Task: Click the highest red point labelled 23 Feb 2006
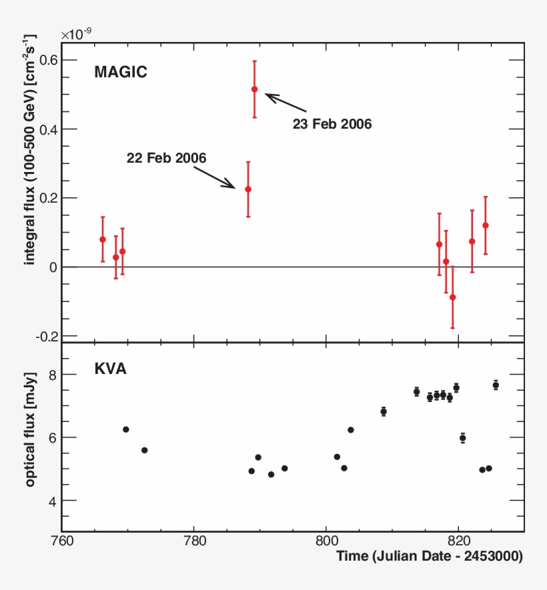point(254,89)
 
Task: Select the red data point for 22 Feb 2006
point(248,189)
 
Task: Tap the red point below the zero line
point(452,297)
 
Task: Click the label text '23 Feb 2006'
point(332,124)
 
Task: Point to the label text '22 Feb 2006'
point(166,158)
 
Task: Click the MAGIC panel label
point(120,72)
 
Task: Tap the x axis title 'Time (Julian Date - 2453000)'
point(429,556)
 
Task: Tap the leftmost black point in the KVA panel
point(125,429)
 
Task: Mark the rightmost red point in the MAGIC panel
point(485,225)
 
